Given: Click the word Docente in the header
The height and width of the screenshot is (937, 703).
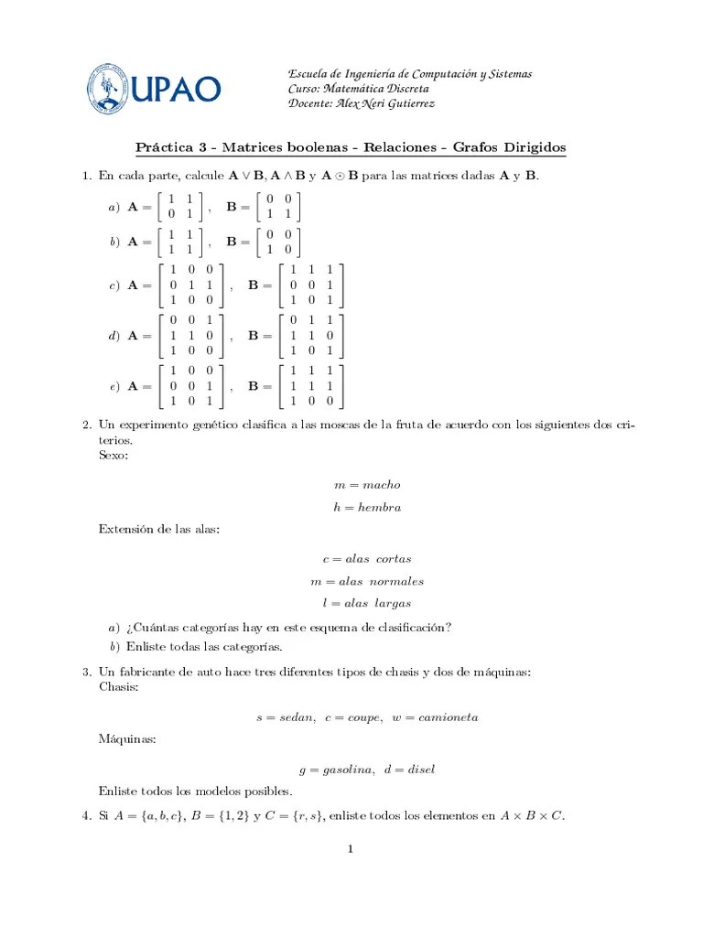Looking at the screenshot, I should coord(310,103).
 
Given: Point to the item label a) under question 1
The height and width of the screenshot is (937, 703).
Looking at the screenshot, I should coord(114,209).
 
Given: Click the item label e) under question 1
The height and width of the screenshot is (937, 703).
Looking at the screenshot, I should coord(114,387).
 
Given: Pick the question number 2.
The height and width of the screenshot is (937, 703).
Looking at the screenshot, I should coord(86,426).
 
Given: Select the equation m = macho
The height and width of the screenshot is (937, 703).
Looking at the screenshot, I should coord(367,485).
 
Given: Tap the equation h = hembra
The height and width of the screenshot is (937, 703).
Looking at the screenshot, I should coord(367,507).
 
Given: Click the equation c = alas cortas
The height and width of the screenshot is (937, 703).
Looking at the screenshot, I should coord(367,558).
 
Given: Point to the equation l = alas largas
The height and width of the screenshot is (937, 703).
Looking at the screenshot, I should coord(367,603).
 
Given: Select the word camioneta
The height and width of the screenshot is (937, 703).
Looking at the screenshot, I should coord(448,717).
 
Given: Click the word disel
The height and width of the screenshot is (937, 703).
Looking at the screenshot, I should coord(420,770).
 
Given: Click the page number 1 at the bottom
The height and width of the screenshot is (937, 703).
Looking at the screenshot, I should coord(350,848).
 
